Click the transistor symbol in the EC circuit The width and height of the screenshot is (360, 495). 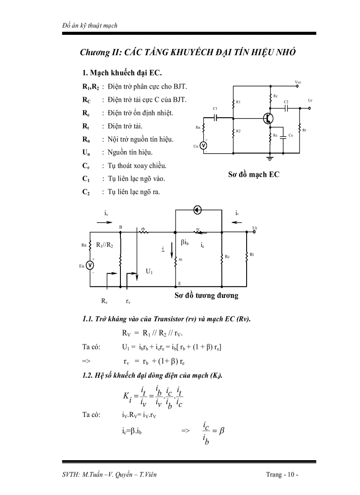[x=268, y=118]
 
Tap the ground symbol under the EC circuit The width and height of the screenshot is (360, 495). [x=270, y=156]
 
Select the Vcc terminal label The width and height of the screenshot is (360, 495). [x=298, y=82]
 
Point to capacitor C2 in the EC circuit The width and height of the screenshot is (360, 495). [x=286, y=107]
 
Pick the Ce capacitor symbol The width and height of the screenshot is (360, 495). [x=285, y=135]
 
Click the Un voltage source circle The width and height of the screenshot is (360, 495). [x=204, y=146]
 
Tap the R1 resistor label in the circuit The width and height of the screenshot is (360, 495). [x=238, y=102]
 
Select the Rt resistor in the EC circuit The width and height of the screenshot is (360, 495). [x=300, y=130]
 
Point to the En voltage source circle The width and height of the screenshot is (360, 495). [x=90, y=265]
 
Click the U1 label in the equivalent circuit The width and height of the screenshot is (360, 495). [x=150, y=272]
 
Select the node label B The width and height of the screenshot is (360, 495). [x=120, y=227]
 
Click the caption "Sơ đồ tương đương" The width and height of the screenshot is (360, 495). [x=206, y=295]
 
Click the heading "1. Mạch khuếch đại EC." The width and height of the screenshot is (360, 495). [x=119, y=72]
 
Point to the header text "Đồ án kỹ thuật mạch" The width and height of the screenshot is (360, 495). [x=90, y=26]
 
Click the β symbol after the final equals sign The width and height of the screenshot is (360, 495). [x=222, y=430]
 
